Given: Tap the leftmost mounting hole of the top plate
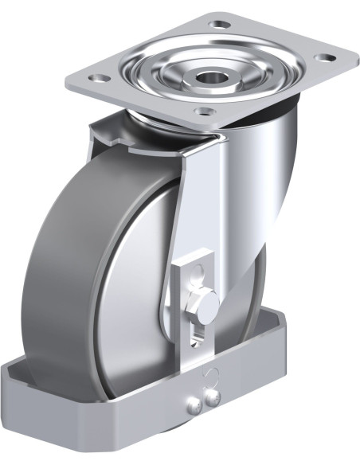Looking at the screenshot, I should click(99, 78).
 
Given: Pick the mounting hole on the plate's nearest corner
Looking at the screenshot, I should click(205, 111).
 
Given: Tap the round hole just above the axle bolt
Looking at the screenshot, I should click(194, 276).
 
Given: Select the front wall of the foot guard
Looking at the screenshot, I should click(119, 414).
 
